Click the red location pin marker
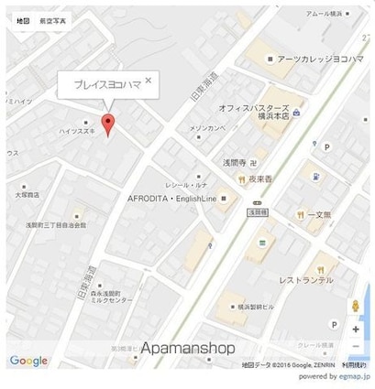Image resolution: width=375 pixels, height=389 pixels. click(109, 125)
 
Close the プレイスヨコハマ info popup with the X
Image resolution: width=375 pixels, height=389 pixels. click(149, 81)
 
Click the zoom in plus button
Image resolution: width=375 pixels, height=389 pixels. click(355, 327)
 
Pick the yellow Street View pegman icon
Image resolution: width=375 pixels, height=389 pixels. click(355, 305)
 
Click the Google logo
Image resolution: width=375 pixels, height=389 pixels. click(28, 361)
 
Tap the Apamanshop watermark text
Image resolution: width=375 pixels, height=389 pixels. click(188, 349)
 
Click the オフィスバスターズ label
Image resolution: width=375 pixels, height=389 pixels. click(255, 107)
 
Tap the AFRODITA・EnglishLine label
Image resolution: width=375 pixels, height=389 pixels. click(171, 198)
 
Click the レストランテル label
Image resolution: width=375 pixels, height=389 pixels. click(305, 279)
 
